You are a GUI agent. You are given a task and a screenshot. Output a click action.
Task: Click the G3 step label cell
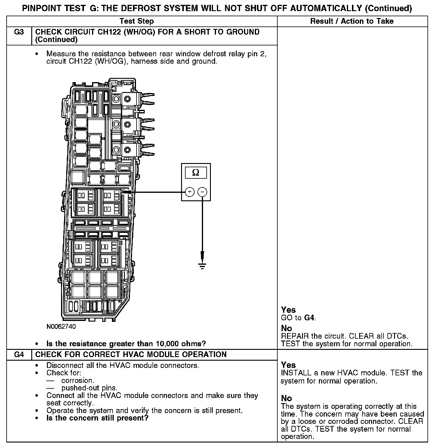[x=19, y=32]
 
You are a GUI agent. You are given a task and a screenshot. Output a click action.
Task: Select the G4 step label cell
[x=19, y=354]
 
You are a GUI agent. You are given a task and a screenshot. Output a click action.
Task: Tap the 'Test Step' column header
[x=137, y=21]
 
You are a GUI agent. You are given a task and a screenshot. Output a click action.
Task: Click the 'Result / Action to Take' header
[x=352, y=21]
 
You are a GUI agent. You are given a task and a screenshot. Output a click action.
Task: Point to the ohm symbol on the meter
[x=196, y=173]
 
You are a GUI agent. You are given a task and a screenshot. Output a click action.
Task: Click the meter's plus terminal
[x=190, y=192]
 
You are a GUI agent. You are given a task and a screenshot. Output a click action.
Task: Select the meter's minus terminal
[x=202, y=192]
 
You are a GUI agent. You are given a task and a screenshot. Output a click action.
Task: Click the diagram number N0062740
[x=61, y=326]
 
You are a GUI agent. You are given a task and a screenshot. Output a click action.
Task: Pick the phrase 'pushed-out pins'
[x=89, y=388]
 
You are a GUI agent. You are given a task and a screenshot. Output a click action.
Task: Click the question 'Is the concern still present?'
[x=97, y=418]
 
